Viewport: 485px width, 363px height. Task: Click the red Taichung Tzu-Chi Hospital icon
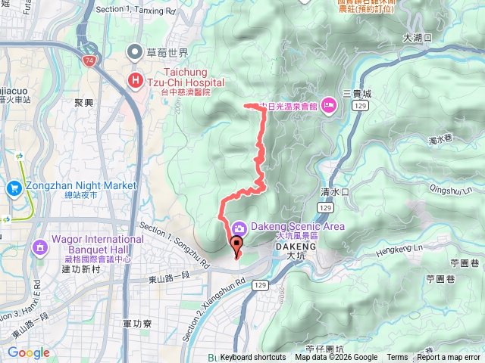[x=136, y=79]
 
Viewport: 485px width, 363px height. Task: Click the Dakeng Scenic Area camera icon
[x=238, y=227]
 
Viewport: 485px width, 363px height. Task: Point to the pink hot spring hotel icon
[x=329, y=106]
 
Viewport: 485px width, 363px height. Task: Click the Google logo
[x=29, y=352]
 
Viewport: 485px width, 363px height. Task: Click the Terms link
[x=397, y=358]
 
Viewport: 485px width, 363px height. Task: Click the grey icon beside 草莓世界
[x=136, y=51]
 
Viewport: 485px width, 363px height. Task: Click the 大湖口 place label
[x=417, y=38]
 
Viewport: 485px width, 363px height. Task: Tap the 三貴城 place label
[x=358, y=94]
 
